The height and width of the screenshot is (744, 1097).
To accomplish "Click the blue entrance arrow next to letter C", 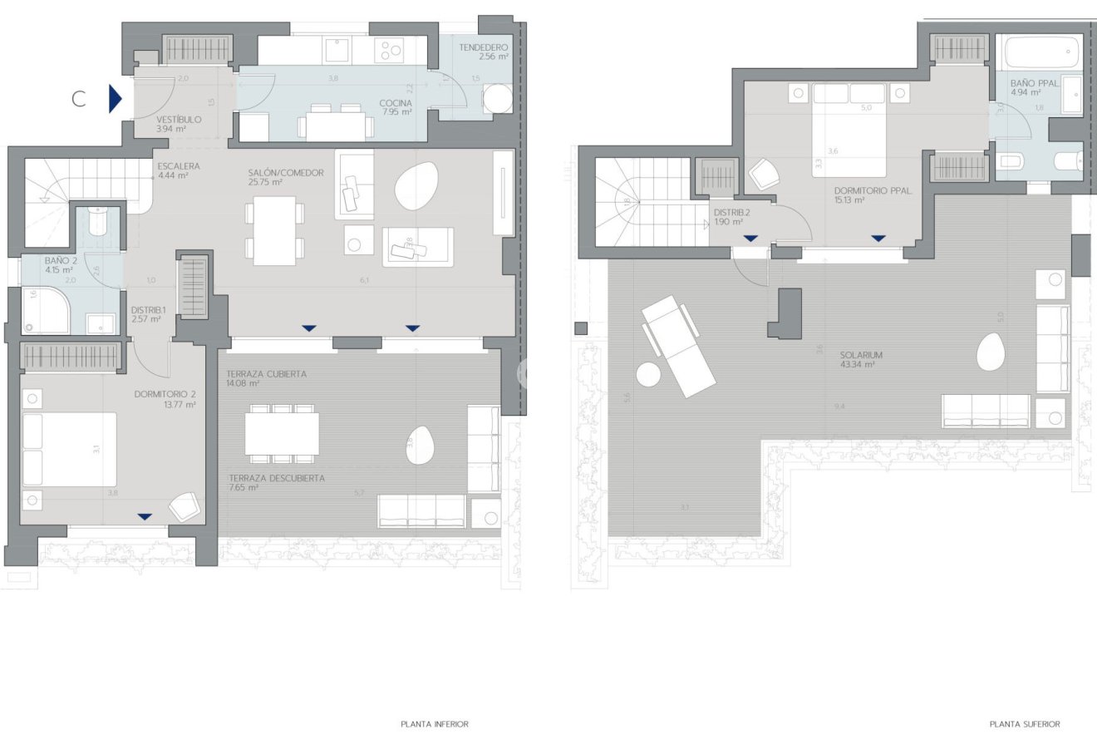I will point(115,99).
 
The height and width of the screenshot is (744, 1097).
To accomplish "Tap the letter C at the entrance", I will point(79,99).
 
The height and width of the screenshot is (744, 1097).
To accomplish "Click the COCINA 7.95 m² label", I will point(396,107).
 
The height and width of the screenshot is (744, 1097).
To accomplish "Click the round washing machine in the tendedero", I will point(499,99).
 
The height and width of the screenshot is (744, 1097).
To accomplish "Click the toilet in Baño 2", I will point(97,222).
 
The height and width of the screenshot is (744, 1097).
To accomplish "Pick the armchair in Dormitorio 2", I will point(184,505).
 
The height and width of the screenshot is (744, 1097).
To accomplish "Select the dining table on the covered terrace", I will point(282,433).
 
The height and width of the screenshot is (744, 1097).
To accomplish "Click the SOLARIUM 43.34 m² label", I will point(860,359).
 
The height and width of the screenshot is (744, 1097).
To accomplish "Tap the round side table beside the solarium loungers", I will point(648,375).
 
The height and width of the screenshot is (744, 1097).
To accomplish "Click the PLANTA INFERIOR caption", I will point(435,724).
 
